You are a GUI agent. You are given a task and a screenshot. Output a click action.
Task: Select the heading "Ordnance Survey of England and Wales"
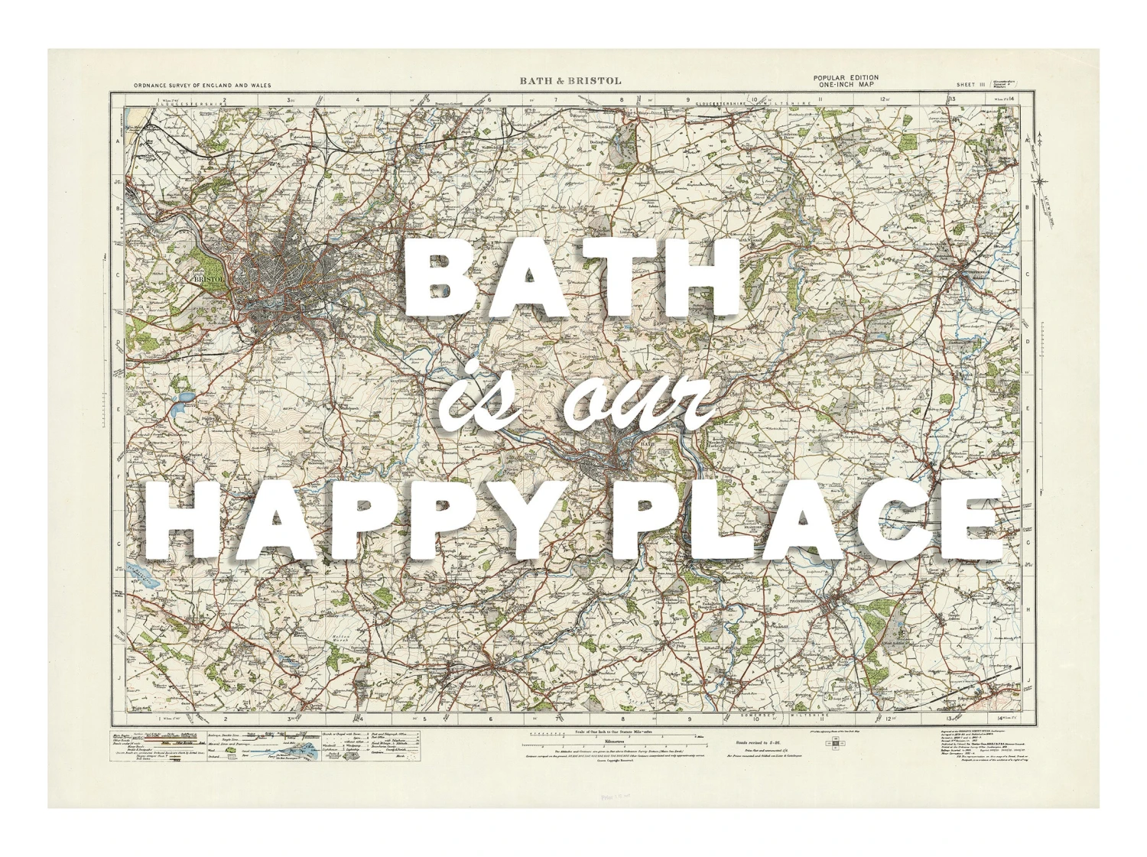click(202, 86)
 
